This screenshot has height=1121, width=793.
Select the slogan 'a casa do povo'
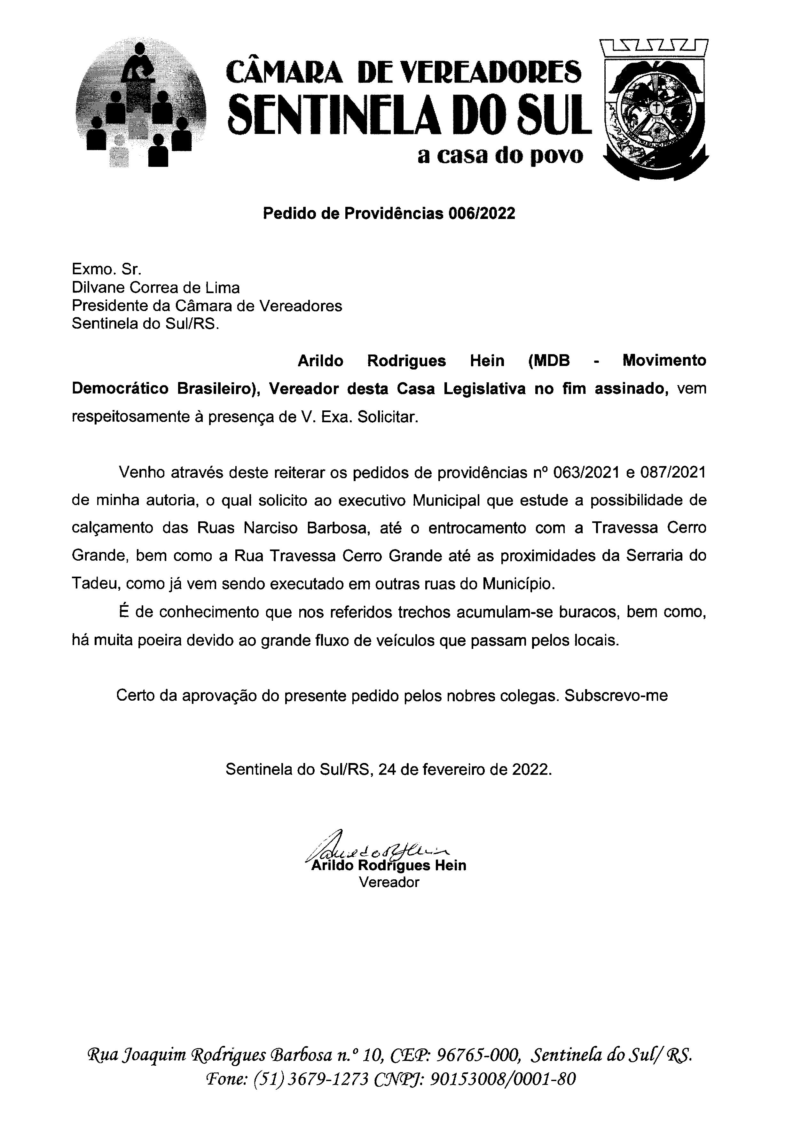[x=500, y=155]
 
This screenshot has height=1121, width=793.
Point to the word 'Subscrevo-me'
[x=616, y=695]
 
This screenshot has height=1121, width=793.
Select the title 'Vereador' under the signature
[x=389, y=882]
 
